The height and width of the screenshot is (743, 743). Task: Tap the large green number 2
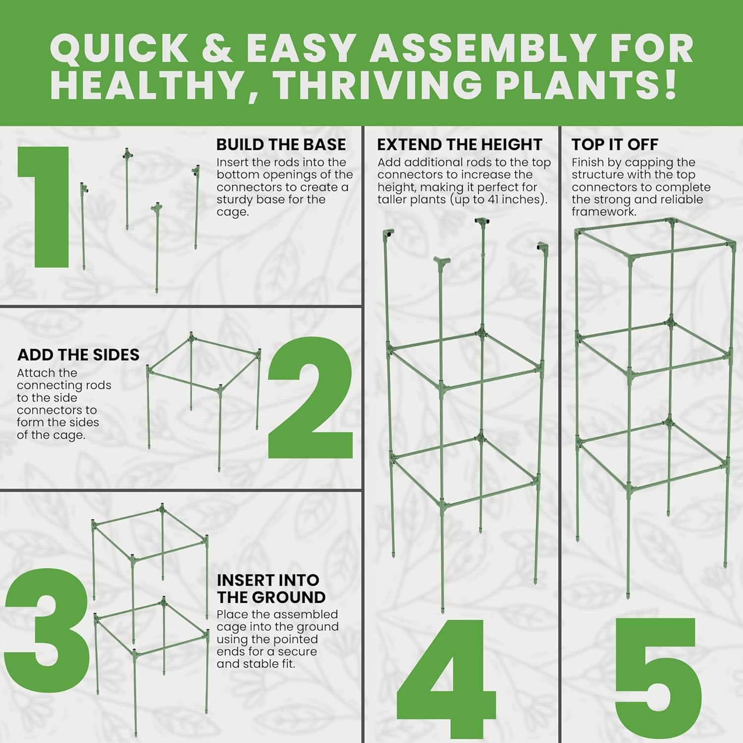click(x=311, y=397)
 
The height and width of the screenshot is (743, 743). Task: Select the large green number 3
click(x=47, y=630)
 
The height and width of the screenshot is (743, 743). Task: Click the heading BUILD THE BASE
click(x=281, y=145)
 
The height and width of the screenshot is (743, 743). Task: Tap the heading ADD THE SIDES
click(x=78, y=355)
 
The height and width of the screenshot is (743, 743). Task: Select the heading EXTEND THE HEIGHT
click(x=460, y=145)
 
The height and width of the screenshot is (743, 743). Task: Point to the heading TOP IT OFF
click(x=615, y=145)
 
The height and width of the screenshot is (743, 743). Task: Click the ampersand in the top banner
click(x=217, y=48)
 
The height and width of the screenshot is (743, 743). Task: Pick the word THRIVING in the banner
click(x=378, y=85)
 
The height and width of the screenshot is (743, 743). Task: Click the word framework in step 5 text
click(x=603, y=212)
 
